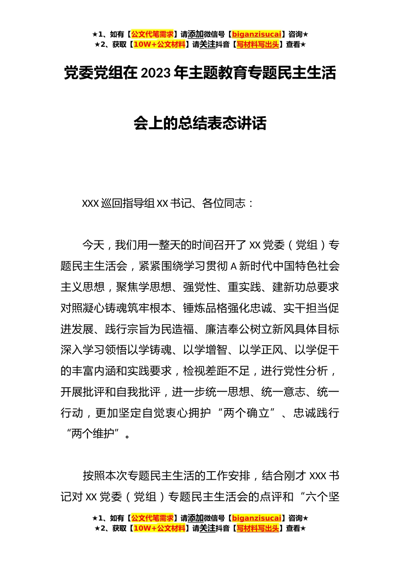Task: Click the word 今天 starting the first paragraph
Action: click(93, 245)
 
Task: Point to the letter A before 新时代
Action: click(235, 266)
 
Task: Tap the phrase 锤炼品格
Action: click(205, 308)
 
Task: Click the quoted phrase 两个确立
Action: click(247, 413)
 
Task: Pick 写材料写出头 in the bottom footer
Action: click(258, 528)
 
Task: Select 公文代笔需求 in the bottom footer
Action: click(152, 518)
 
